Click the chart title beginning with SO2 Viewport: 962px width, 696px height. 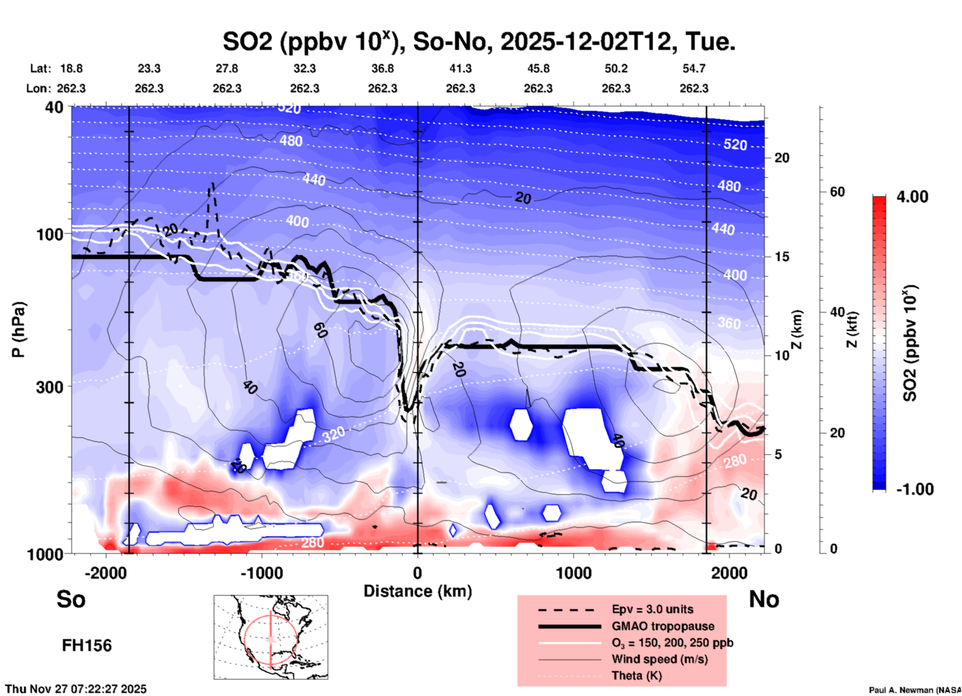click(x=479, y=42)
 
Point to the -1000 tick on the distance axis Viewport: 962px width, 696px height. click(x=261, y=573)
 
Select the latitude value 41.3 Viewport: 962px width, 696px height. click(x=460, y=68)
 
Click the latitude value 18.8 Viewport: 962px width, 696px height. click(x=71, y=68)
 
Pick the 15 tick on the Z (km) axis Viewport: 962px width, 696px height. click(x=782, y=257)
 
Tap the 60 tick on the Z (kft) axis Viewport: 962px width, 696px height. click(x=837, y=192)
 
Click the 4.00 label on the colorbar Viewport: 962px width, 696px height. click(x=912, y=197)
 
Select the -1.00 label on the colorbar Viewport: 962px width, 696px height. click(x=915, y=489)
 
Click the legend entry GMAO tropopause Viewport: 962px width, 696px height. click(x=663, y=626)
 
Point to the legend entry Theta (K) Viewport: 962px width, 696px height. click(x=636, y=676)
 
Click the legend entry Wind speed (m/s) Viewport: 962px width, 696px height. click(x=659, y=659)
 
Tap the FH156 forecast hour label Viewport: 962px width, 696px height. click(x=87, y=646)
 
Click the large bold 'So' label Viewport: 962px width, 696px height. click(x=71, y=599)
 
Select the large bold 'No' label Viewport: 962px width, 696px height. click(x=764, y=599)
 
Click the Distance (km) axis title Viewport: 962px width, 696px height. click(x=418, y=591)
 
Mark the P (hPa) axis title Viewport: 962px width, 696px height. click(x=18, y=330)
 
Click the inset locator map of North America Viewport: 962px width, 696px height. click(x=271, y=637)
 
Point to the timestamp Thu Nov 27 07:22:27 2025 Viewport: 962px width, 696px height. click(x=76, y=689)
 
